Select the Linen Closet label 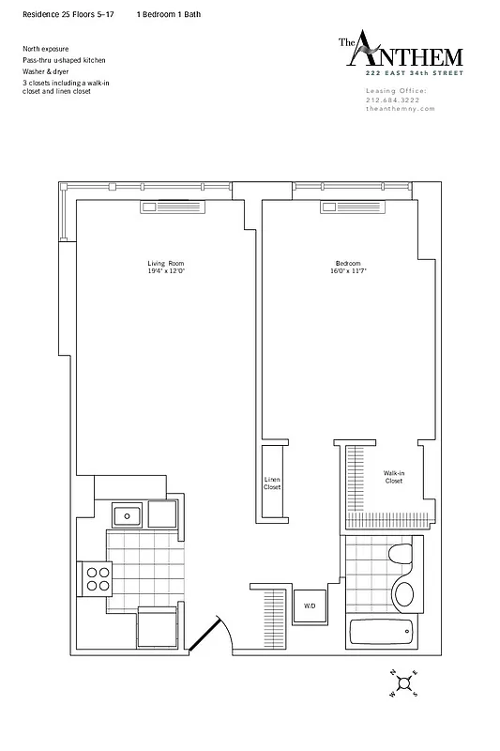[x=272, y=484]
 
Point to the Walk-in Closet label [x=394, y=477]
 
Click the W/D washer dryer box [x=309, y=606]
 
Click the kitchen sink [x=125, y=514]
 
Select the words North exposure [x=46, y=48]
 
